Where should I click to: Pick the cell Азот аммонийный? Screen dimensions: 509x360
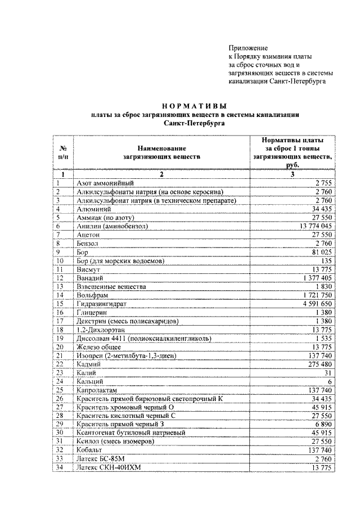[103, 183]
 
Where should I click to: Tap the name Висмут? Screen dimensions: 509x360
[88, 270]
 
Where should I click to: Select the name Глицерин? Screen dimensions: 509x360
[91, 313]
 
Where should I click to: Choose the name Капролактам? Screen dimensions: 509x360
[97, 390]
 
